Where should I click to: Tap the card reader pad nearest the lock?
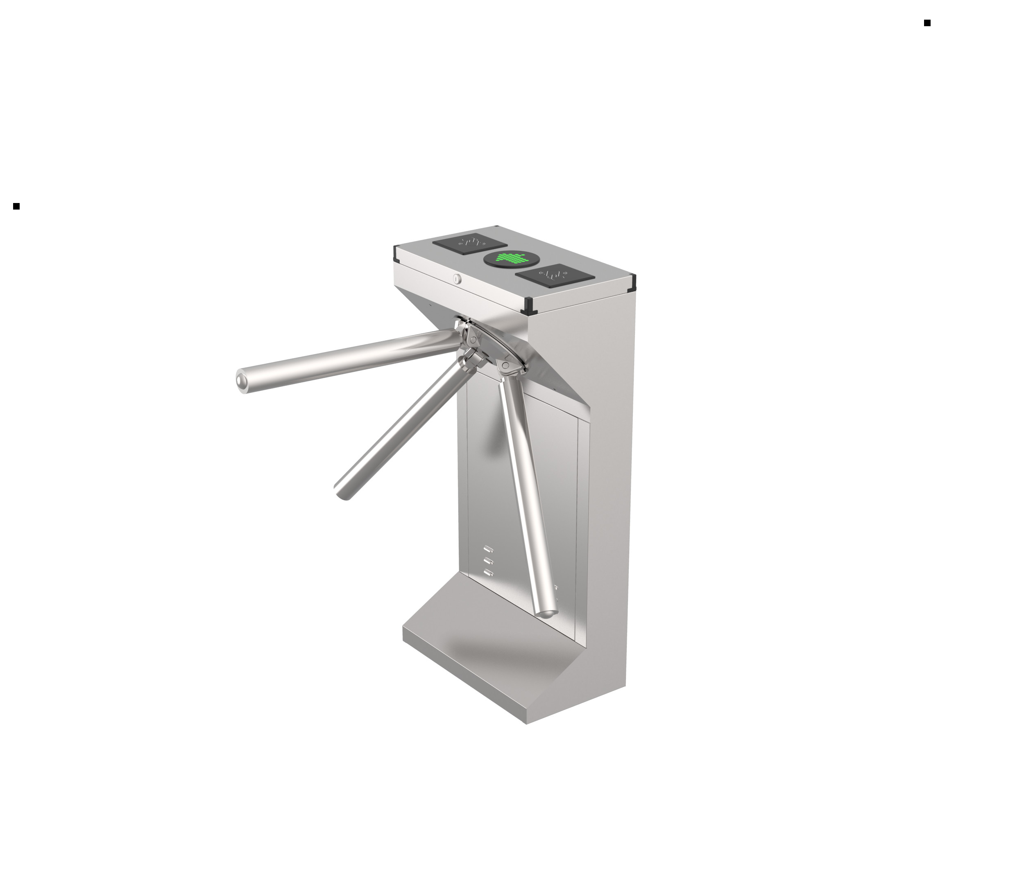[469, 243]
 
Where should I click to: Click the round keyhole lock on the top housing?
[456, 279]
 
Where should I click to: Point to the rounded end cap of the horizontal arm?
[242, 382]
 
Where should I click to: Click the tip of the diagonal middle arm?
[342, 492]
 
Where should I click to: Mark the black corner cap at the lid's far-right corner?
[631, 282]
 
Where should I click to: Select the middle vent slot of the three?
[489, 561]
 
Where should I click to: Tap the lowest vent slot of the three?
[489, 573]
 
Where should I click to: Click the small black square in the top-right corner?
[927, 23]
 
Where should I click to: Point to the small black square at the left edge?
[16, 206]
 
